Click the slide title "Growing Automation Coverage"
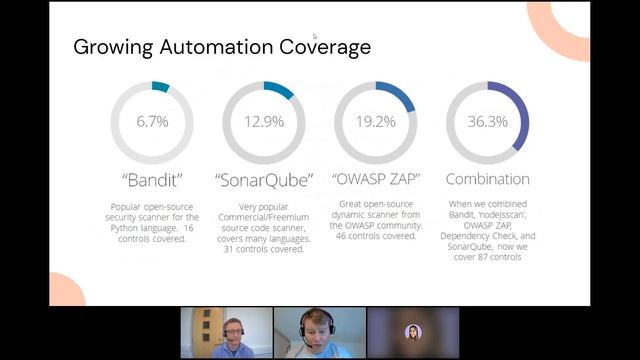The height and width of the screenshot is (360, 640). point(222,47)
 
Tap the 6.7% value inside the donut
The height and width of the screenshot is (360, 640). point(152,122)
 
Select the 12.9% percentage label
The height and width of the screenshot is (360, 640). point(264,122)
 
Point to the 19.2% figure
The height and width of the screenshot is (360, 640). point(376,122)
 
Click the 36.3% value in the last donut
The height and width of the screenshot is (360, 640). point(487,122)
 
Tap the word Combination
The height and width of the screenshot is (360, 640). point(488,179)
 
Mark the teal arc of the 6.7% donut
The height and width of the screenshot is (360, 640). point(161,87)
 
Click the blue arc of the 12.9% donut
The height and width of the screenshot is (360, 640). point(280,90)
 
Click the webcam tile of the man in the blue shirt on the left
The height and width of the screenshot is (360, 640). point(226,332)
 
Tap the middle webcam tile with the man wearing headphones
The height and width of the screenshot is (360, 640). point(319,332)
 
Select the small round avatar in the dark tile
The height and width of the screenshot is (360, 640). point(412,332)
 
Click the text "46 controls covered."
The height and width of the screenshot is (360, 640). point(375,237)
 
